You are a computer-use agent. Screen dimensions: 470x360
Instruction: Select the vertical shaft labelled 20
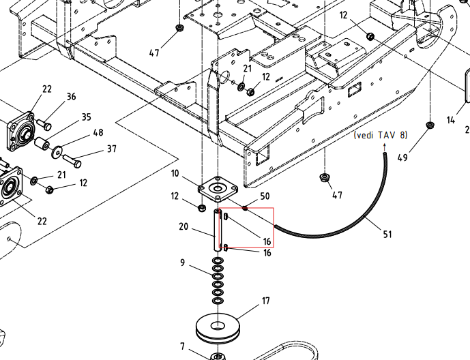[218, 230]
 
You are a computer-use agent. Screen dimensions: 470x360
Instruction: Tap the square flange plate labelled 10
[218, 190]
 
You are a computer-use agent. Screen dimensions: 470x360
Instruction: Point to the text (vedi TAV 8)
[381, 135]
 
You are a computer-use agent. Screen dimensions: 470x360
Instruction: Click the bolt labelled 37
[72, 161]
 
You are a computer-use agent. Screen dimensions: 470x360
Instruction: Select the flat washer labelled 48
[57, 153]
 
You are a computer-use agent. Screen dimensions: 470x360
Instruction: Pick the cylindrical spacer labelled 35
[42, 144]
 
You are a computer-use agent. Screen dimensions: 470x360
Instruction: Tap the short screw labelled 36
[44, 124]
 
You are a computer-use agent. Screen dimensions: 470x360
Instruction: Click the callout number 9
[183, 262]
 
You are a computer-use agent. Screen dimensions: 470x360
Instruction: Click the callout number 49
[402, 157]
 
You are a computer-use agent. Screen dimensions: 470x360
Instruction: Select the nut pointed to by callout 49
[430, 125]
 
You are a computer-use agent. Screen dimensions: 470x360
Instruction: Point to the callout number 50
[265, 196]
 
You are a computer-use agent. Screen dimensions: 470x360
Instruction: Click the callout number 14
[451, 120]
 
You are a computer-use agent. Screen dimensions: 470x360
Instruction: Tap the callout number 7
[183, 346]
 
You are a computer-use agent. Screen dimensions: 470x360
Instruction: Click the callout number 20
[183, 226]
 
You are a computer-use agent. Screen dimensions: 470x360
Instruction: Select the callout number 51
[387, 234]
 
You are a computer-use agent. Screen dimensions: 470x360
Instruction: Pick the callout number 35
[87, 117]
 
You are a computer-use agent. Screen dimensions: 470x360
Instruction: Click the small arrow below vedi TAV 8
[385, 148]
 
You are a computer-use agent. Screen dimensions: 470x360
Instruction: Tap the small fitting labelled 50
[245, 207]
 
